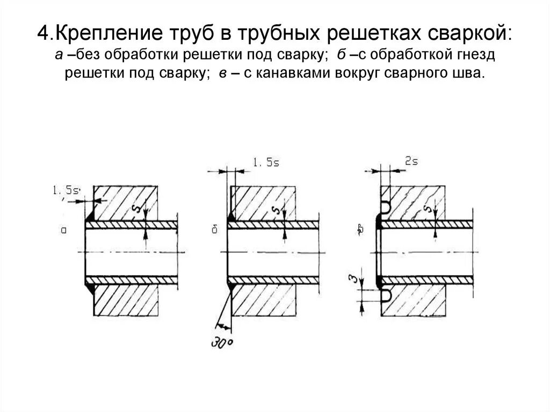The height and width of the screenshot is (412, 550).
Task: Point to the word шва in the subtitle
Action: point(469,74)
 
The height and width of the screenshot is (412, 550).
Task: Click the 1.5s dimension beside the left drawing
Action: point(66,190)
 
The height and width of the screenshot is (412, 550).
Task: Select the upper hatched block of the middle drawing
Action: point(263,202)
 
